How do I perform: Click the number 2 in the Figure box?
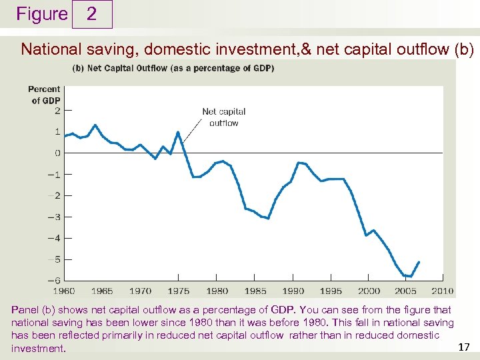(91, 14)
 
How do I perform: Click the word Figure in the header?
(42, 14)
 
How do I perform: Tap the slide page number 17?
(465, 347)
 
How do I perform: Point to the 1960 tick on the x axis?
(65, 291)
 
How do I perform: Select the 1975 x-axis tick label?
(179, 291)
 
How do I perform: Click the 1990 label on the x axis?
(293, 291)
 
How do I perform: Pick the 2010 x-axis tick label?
(442, 291)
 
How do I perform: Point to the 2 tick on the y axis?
(57, 111)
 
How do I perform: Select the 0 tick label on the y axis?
(57, 153)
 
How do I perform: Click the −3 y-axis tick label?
(57, 217)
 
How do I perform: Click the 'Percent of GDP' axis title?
(44, 95)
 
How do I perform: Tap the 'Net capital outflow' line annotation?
(223, 117)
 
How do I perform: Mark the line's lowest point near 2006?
(411, 276)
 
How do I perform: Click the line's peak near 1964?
(95, 125)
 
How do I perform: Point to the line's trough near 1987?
(268, 218)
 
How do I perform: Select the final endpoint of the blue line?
(419, 262)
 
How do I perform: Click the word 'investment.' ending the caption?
(39, 349)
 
